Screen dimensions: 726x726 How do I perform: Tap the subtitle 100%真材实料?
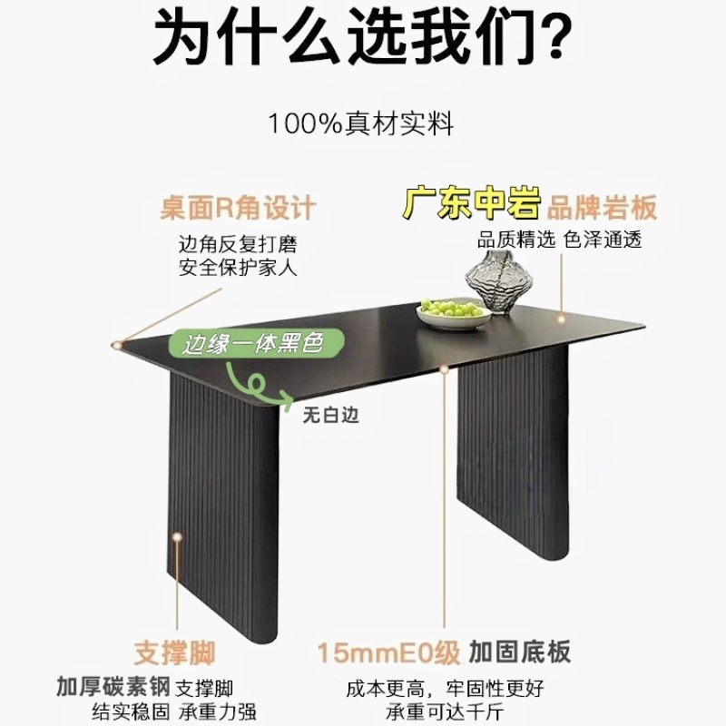point(361,124)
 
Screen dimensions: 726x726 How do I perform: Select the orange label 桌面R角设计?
point(238,208)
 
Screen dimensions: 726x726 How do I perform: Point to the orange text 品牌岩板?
point(603,208)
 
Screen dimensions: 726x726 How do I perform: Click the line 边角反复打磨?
point(238,245)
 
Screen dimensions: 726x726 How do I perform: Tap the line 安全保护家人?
point(238,268)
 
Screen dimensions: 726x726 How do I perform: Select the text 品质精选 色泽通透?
point(560,240)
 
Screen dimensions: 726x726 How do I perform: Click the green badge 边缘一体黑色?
point(254,345)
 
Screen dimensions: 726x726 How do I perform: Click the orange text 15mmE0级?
point(388,652)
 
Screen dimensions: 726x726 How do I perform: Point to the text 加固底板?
point(521,652)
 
